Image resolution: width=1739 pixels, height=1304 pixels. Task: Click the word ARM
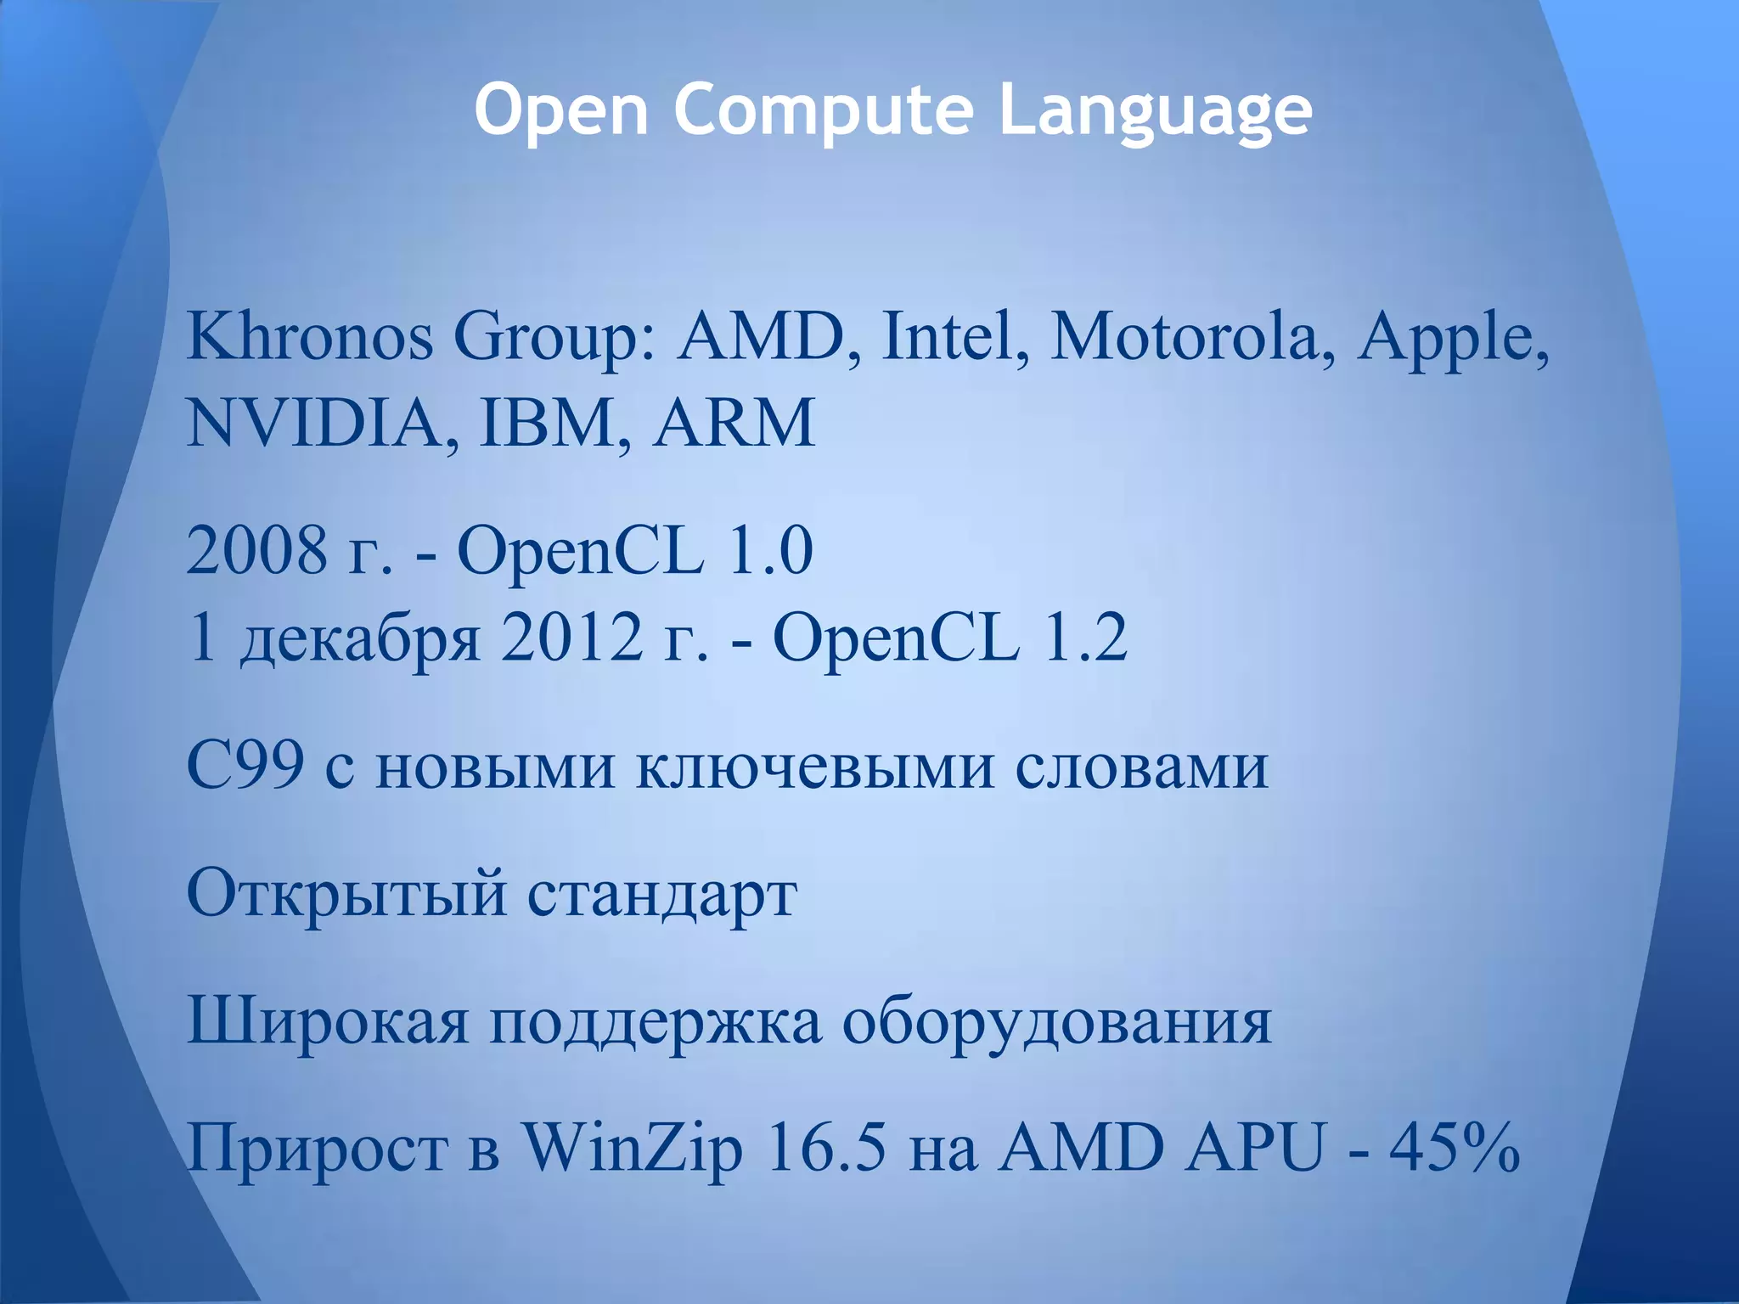click(x=734, y=422)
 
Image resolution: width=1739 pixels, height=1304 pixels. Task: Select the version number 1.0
click(x=770, y=551)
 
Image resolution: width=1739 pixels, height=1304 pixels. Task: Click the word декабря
click(x=360, y=639)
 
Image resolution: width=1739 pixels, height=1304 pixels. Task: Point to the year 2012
click(x=571, y=638)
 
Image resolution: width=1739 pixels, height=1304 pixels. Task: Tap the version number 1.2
click(x=1084, y=638)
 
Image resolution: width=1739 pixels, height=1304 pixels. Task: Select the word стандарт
click(x=661, y=894)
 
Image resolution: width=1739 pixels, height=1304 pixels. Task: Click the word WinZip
click(x=632, y=1149)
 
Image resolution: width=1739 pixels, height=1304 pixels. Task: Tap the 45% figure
click(x=1454, y=1149)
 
